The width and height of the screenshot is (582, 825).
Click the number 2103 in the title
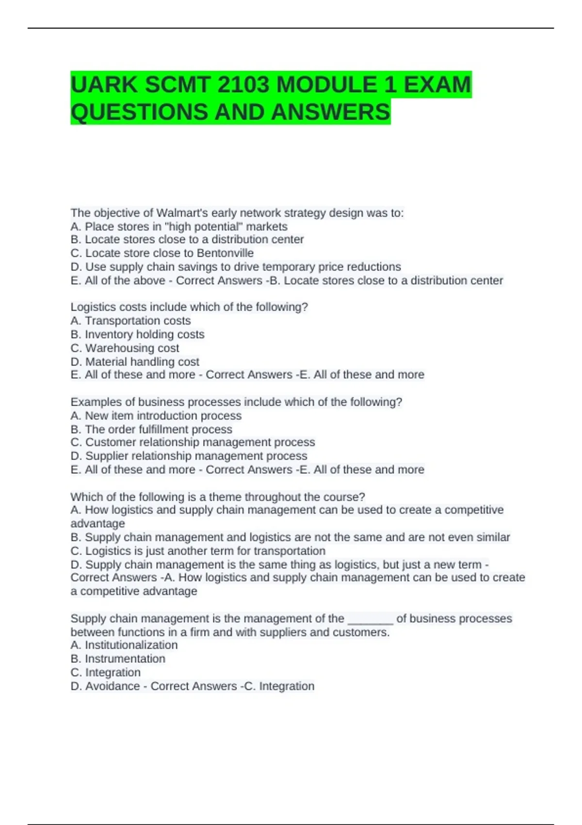(243, 85)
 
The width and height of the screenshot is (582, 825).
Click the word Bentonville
(225, 253)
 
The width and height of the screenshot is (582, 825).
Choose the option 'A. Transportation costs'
(130, 321)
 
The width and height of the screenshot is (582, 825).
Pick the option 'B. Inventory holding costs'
(137, 334)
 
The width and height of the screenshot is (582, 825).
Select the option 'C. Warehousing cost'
(125, 348)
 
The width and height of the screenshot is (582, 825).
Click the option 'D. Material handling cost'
(135, 362)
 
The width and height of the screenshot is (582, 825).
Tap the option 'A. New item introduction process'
(156, 416)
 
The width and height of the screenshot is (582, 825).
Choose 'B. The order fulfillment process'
(151, 429)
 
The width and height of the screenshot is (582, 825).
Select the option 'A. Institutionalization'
(124, 645)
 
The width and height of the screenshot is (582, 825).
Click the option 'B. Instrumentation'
(118, 659)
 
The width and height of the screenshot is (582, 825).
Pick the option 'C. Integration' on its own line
(106, 673)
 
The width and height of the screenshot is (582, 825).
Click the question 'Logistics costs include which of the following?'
(189, 307)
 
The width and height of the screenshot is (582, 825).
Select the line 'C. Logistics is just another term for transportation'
(198, 551)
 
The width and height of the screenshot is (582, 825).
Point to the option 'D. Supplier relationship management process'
(189, 456)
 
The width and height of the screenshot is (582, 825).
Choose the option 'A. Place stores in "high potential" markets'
(179, 227)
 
